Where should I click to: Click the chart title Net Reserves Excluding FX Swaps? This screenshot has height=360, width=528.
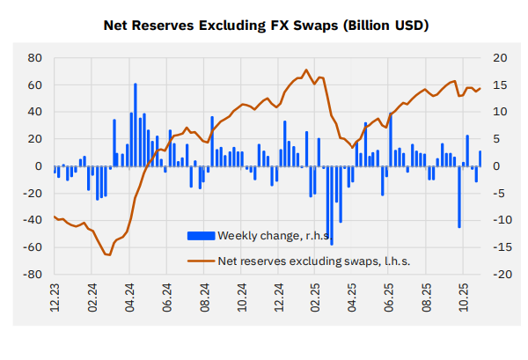pos(265,26)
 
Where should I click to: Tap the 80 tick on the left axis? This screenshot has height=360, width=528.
pos(35,58)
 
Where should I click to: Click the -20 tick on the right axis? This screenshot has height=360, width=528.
pos(498,275)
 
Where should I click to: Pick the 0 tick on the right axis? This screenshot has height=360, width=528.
pos(495,166)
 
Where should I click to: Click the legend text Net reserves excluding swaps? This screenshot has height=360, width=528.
pos(314,261)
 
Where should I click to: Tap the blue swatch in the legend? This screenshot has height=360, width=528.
pos(201,235)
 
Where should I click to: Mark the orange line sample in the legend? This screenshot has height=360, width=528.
pos(201,261)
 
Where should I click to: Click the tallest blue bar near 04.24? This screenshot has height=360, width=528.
pos(136,124)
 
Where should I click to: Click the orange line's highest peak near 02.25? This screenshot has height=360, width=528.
pos(305,70)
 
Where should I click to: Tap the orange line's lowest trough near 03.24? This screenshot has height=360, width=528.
pos(108,254)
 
